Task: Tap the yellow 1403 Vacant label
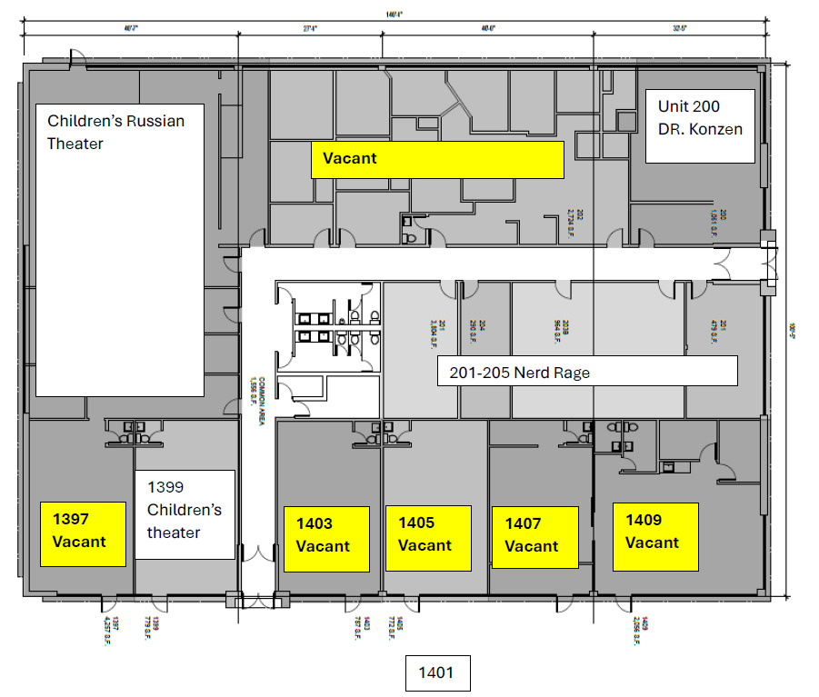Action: point(326,537)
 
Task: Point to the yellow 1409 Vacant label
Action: point(654,535)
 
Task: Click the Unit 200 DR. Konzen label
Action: point(700,125)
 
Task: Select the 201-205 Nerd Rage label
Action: point(586,371)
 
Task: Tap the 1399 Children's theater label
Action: point(185,514)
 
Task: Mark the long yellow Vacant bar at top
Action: point(437,159)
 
